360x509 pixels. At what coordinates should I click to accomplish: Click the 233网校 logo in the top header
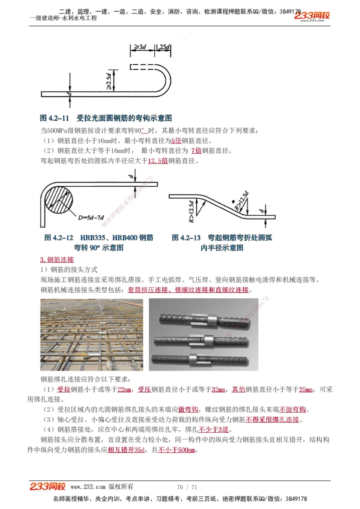tap(312, 16)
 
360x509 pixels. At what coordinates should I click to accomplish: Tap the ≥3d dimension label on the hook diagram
tap(139, 47)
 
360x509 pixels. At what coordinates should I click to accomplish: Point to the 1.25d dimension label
tap(162, 47)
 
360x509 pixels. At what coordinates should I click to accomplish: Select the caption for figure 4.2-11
tap(106, 118)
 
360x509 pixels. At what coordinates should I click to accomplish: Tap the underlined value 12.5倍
tap(157, 161)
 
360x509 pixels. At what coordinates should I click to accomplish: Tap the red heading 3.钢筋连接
tap(57, 259)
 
